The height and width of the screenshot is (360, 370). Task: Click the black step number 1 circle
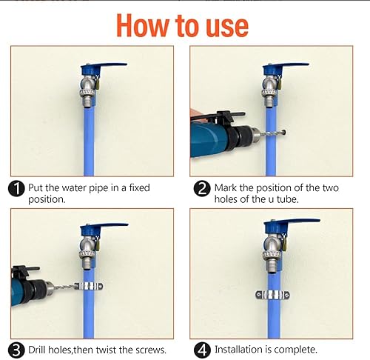(16, 189)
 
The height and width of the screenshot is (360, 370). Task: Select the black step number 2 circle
(202, 189)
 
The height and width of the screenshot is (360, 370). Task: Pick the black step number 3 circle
(16, 350)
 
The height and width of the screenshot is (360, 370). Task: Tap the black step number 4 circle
(202, 350)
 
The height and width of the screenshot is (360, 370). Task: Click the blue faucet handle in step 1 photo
(104, 67)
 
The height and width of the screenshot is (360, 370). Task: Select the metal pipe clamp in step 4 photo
(272, 295)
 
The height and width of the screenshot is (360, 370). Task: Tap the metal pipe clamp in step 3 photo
(88, 287)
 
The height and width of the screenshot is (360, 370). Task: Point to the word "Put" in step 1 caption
(36, 188)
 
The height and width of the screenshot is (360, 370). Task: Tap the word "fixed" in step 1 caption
(139, 187)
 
